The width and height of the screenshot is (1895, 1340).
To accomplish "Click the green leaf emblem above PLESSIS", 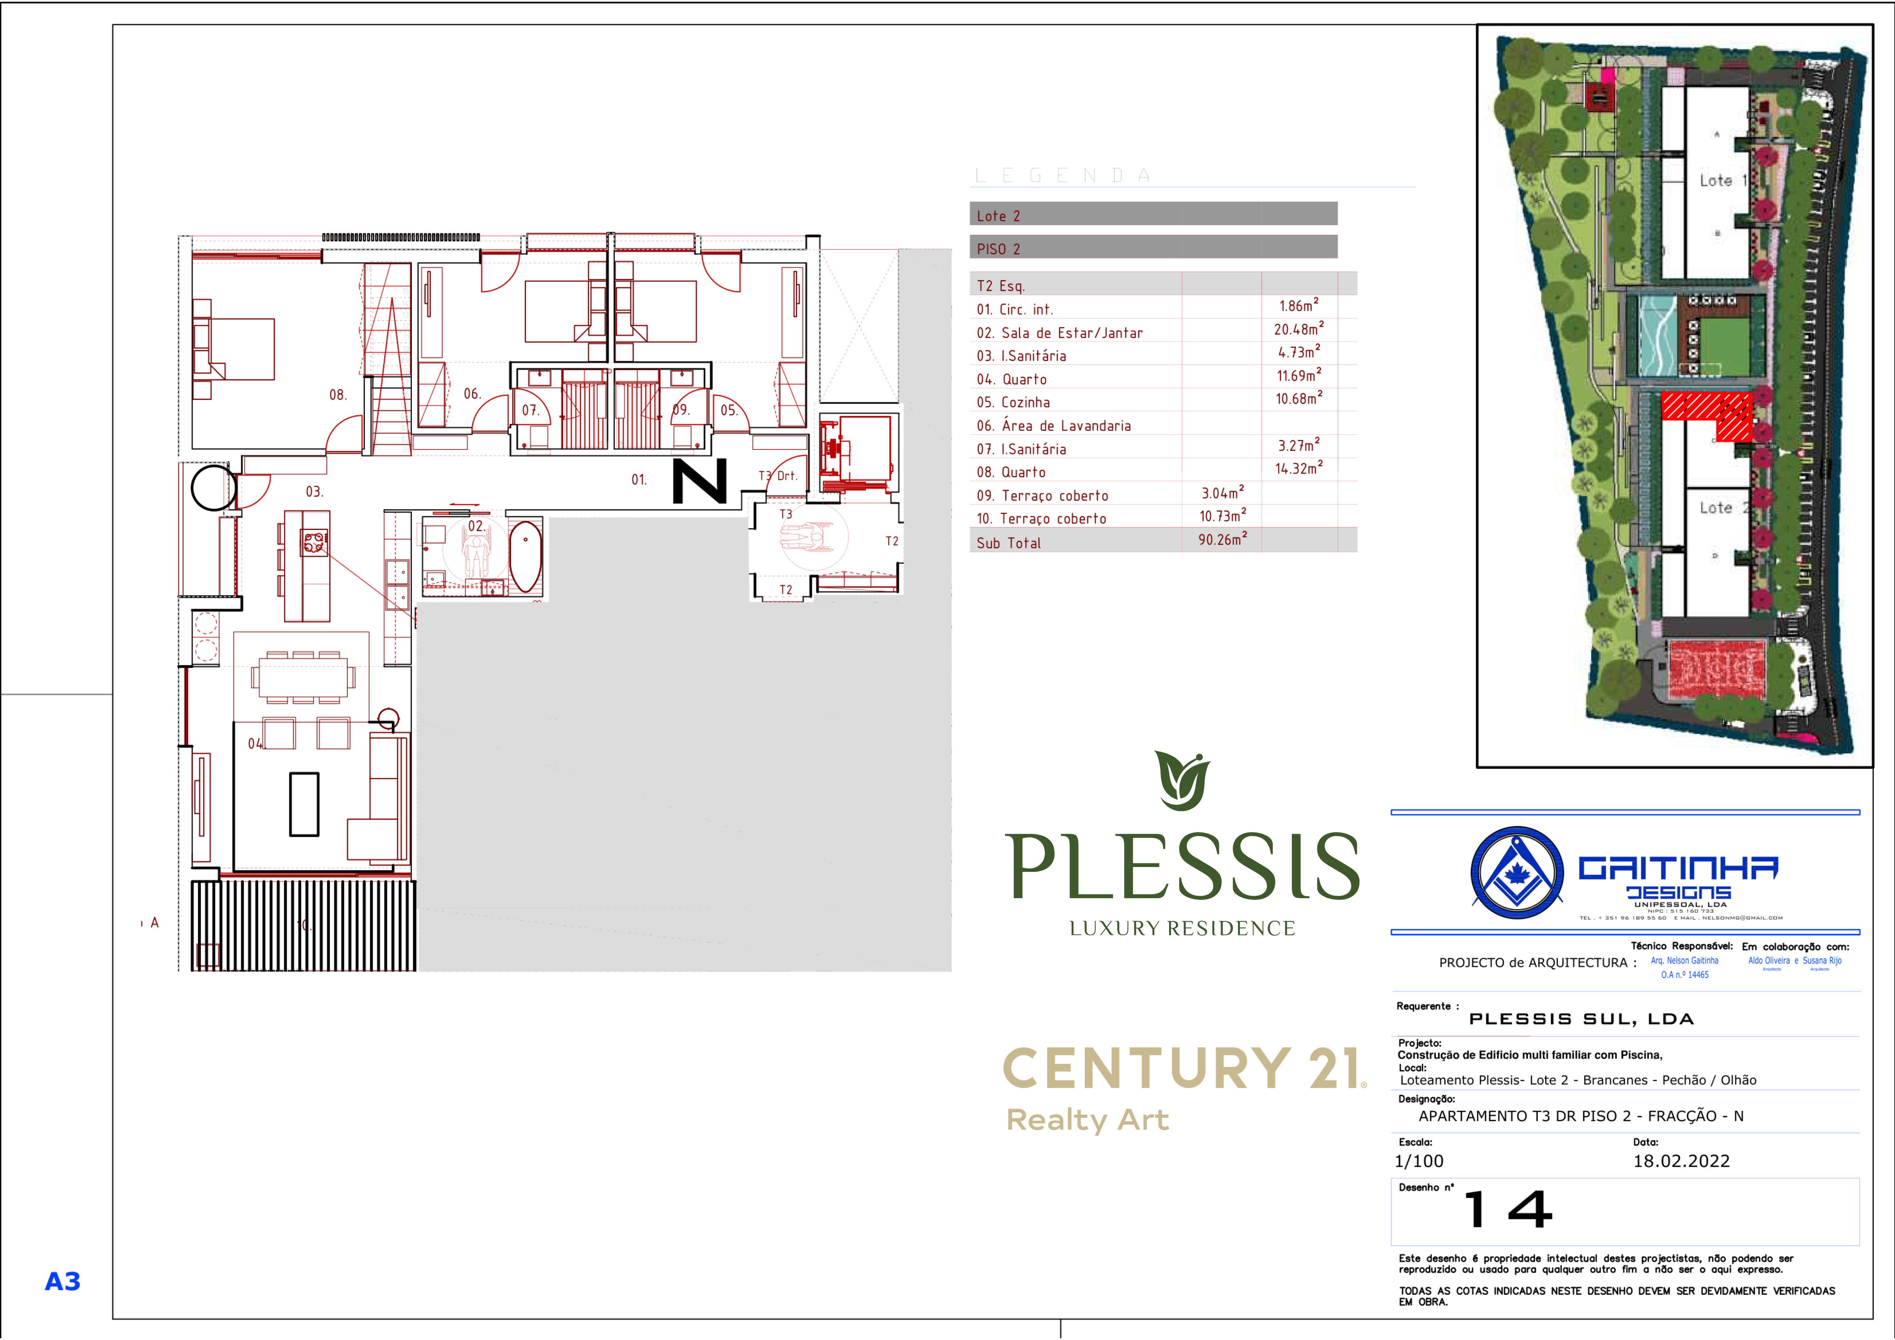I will (1182, 780).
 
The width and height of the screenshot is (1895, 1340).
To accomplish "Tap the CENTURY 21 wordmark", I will (1184, 1069).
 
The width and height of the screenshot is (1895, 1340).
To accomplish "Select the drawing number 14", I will (1508, 1210).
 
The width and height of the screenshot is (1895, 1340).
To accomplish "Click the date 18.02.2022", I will (1681, 1161).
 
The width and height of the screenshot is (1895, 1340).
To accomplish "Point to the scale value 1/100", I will (1419, 1161).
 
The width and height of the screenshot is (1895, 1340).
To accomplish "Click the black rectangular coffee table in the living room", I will (304, 804).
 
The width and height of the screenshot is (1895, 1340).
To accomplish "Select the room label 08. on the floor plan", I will (337, 395).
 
